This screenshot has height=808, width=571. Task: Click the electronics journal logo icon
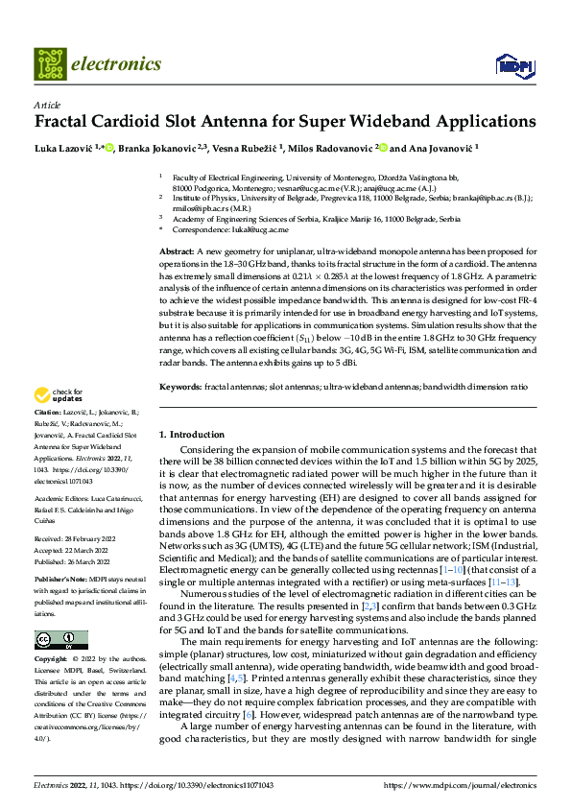point(50,63)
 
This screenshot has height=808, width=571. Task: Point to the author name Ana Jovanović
point(440,149)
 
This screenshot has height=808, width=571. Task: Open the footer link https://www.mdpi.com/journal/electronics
point(460,785)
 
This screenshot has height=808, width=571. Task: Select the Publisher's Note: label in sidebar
point(59,581)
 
